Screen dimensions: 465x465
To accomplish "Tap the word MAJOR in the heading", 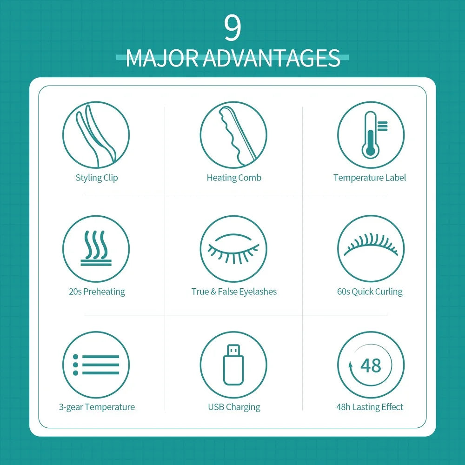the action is pos(162,58).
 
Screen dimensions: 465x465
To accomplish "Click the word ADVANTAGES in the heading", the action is pos(272,58).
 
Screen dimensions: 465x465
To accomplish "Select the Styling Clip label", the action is pos(97,178).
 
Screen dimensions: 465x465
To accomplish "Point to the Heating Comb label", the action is pos(234,178).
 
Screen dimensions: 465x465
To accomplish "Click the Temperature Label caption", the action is pos(370,178).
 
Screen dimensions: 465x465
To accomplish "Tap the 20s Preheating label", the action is pos(97,292).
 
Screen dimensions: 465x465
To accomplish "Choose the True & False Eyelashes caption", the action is pos(234,292).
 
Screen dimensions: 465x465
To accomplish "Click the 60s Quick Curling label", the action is pos(370,292).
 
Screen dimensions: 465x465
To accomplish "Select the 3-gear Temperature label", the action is pos(97,407).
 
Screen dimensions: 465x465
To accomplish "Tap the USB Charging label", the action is pos(234,407).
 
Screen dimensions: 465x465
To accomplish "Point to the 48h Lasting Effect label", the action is pos(370,407).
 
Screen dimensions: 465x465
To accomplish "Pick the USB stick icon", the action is pos(233,365).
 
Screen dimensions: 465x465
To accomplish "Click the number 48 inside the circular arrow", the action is pos(371,365).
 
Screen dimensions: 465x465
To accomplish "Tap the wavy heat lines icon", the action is pos(96,248).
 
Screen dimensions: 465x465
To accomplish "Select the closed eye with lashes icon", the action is pos(233,248).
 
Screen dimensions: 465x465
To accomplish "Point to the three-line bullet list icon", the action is pos(96,365).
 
